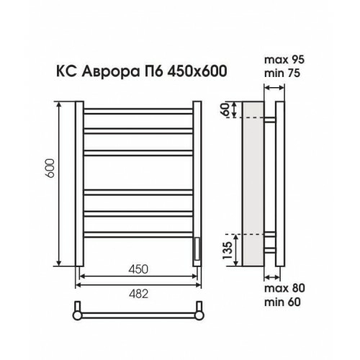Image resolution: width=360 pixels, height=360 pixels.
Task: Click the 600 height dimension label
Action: (x=50, y=168)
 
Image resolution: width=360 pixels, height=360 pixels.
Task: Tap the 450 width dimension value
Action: (x=138, y=269)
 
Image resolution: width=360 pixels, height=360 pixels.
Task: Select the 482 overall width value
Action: (x=138, y=294)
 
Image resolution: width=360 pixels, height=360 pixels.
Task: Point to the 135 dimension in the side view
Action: (x=228, y=251)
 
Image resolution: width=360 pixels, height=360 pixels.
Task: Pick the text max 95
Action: (x=284, y=60)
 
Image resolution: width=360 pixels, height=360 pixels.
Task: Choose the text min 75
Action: (x=282, y=73)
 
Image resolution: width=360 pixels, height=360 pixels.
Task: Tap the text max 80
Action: (x=284, y=288)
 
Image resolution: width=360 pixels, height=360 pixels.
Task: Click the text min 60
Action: (x=282, y=302)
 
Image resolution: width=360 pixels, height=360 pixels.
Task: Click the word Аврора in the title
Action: (x=110, y=71)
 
